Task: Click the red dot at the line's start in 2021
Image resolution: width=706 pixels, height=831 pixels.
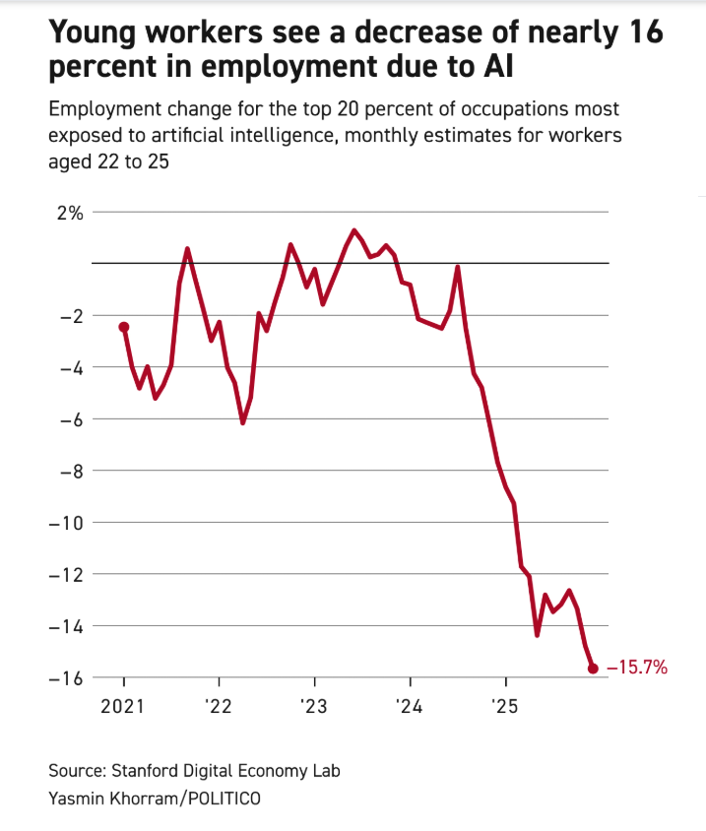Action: pos(124,327)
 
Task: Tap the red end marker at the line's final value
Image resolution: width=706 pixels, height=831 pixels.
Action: pos(593,669)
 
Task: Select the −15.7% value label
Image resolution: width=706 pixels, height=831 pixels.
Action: pos(638,669)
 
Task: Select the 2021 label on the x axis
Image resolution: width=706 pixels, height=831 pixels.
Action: pos(124,707)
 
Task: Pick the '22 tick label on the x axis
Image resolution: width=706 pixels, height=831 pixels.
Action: pos(219,707)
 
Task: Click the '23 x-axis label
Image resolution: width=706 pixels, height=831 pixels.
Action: pos(314,707)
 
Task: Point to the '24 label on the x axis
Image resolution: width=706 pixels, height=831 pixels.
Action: pos(410,707)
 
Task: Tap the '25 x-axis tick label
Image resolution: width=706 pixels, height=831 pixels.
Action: pos(505,707)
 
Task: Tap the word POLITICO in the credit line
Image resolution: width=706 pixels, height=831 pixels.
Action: pos(222,798)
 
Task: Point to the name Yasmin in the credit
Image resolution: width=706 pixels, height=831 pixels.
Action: pos(75,798)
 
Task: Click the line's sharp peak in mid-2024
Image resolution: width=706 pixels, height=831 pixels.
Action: pos(458,267)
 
